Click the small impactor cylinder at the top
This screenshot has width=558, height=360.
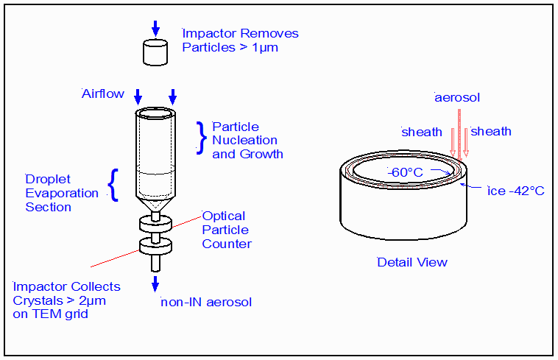point(155,52)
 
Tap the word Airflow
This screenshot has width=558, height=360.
point(103,94)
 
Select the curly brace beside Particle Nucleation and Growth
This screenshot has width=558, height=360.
point(200,138)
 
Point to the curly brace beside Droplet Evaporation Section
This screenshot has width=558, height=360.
point(113,185)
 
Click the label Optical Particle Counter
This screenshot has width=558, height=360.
point(227,230)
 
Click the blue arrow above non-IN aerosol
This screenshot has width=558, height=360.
point(155,284)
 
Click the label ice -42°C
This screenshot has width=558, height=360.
point(515,191)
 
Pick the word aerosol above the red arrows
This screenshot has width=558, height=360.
point(457,97)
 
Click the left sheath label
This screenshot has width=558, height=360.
point(422,132)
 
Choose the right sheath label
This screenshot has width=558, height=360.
point(491,132)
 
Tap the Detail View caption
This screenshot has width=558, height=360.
point(412,262)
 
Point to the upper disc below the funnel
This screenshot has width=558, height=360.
point(155,224)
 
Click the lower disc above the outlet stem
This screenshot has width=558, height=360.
point(155,246)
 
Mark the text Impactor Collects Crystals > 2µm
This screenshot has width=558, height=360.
point(66,300)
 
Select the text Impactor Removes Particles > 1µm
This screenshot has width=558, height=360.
point(240,40)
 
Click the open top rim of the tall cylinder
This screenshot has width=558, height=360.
point(155,115)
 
